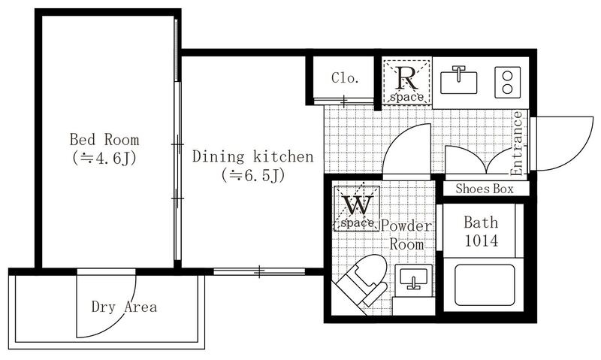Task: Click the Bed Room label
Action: tap(104, 140)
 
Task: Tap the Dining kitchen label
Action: tap(252, 156)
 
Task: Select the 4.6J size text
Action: tap(104, 158)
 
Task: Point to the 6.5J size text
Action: tap(253, 175)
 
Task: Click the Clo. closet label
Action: tap(345, 78)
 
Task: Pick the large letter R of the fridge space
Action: tap(407, 78)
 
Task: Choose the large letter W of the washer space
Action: tap(358, 204)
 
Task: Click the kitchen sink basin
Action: tap(458, 82)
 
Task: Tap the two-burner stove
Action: tap(508, 82)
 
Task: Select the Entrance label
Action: tap(517, 144)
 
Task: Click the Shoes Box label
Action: tap(485, 189)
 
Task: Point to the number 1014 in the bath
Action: tap(482, 241)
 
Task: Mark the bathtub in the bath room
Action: tap(485, 284)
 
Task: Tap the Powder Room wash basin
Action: tap(413, 279)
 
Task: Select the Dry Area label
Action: tap(124, 307)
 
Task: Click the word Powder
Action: tap(406, 226)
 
